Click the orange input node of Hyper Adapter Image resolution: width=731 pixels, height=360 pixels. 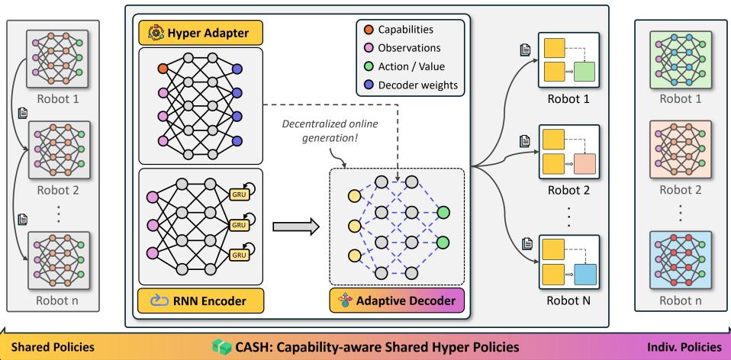(x=162, y=68)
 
